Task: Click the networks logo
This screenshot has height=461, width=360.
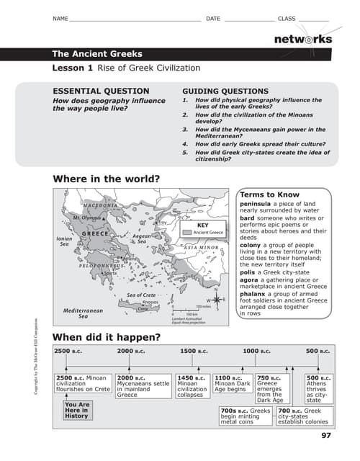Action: [x=303, y=40]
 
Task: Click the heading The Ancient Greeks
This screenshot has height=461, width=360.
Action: [x=97, y=54]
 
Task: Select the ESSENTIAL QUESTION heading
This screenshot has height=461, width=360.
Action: [x=102, y=91]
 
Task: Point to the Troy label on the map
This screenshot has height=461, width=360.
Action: [x=163, y=223]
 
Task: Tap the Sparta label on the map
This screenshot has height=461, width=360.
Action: [x=110, y=274]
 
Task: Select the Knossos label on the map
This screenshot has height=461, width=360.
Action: [x=150, y=303]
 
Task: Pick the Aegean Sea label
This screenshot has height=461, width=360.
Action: [x=142, y=238]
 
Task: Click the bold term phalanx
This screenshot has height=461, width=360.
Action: [x=254, y=293]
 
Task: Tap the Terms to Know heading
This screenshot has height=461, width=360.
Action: [x=269, y=194]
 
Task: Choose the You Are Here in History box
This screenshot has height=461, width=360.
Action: [x=76, y=411]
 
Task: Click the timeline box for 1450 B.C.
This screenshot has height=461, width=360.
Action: [x=192, y=385]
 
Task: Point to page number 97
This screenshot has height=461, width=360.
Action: [x=325, y=435]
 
